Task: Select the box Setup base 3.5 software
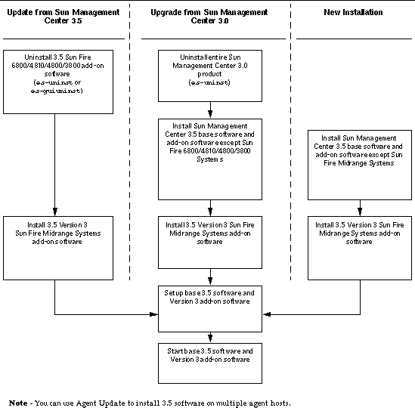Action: [x=209, y=308]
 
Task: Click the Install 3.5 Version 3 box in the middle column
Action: [x=209, y=242]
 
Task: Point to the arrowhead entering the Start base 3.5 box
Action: [x=209, y=340]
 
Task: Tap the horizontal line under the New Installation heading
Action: [x=354, y=39]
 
